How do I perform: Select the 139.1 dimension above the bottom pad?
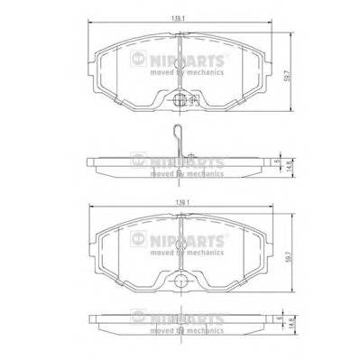coord(185,205)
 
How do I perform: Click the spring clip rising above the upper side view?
coord(180,141)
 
